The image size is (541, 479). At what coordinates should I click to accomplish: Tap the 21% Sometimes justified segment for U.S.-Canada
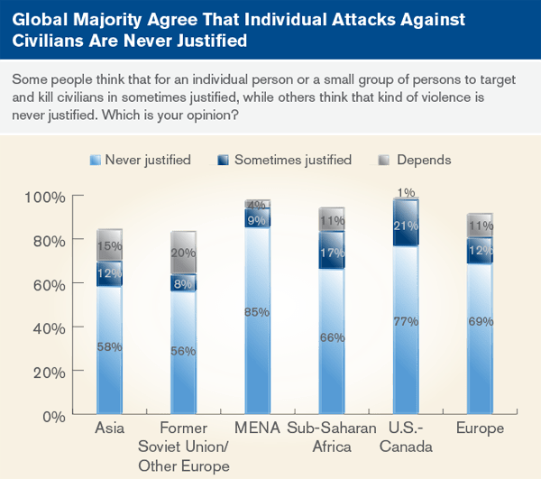point(405,225)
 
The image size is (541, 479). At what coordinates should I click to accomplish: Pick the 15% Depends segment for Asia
point(109,245)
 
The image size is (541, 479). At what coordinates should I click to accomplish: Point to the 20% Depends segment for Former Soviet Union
point(183,253)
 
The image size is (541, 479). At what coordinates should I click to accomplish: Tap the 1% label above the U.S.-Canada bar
point(406,192)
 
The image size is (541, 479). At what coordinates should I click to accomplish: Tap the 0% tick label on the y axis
point(52,416)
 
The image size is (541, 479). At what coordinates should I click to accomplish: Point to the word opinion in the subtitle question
point(215,115)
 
